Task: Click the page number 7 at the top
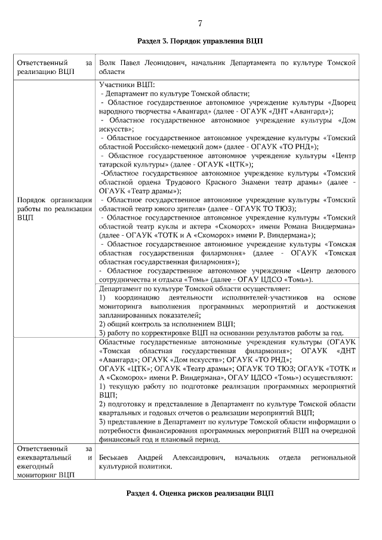click(200, 23)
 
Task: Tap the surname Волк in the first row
click(108, 62)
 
